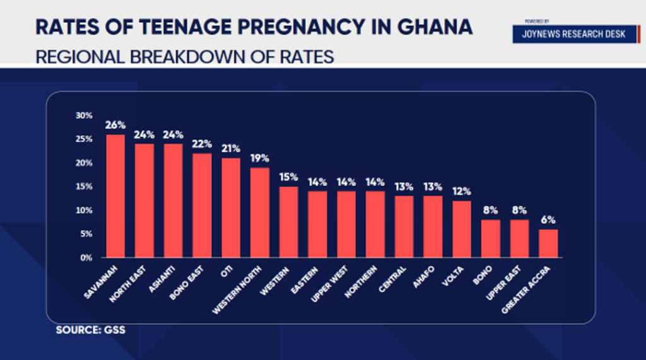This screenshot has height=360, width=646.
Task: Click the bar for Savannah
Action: tap(115, 196)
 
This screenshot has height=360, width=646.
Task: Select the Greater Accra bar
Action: tap(548, 243)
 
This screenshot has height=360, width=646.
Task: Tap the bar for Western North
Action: tap(260, 212)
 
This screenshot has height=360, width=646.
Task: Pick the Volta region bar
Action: tap(462, 229)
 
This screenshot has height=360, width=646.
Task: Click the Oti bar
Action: tap(231, 207)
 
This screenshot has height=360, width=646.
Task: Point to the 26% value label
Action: tap(115, 125)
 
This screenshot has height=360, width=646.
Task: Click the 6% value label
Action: tap(548, 220)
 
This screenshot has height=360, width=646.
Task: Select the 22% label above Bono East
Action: tap(202, 144)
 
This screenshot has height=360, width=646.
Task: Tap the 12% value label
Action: tap(462, 191)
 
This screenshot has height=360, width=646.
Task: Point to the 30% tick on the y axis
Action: tap(84, 115)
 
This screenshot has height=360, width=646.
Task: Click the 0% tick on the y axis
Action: tap(86, 257)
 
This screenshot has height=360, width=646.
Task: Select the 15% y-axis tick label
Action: tap(84, 187)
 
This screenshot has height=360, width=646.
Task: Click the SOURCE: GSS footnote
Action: tap(86, 330)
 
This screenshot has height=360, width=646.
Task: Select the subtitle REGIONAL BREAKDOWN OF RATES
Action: tap(184, 57)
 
